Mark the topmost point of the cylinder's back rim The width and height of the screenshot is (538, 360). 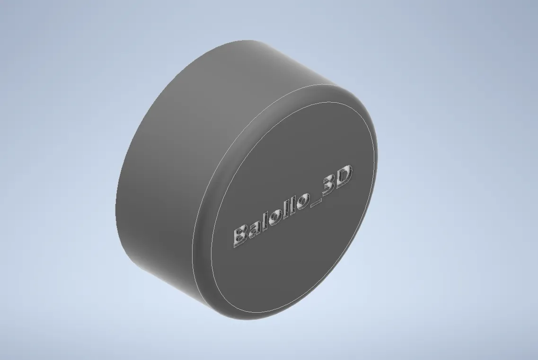(x=246, y=40)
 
